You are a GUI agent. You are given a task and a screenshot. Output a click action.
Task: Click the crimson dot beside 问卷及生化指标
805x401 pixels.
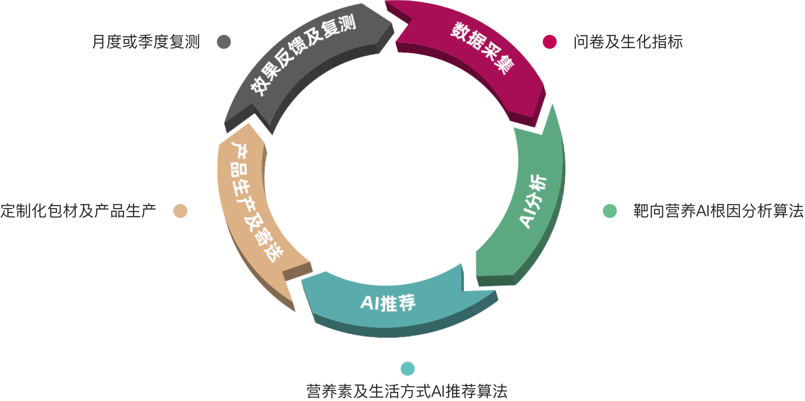(550, 42)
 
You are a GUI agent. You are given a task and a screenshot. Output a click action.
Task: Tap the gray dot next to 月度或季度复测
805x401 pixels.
(224, 42)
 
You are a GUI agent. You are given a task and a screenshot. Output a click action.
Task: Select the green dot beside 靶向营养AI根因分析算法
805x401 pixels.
(610, 211)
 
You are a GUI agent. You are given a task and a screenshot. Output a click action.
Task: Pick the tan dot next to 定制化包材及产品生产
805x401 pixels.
(180, 211)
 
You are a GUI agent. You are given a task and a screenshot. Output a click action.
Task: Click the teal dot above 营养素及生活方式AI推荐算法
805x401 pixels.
(408, 369)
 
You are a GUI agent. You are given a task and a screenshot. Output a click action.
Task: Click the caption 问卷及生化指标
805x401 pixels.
(628, 42)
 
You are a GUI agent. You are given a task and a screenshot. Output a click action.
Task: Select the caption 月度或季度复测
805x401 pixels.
(146, 42)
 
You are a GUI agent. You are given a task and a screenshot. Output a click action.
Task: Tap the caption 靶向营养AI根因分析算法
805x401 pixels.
(718, 211)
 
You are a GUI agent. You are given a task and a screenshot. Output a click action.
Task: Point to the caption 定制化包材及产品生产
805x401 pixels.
(78, 211)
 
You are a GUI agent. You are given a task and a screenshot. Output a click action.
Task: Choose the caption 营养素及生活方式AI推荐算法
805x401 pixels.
(407, 391)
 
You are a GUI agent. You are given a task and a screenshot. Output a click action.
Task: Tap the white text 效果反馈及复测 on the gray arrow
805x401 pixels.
(303, 54)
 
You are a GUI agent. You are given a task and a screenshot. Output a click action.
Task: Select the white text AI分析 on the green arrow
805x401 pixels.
(534, 201)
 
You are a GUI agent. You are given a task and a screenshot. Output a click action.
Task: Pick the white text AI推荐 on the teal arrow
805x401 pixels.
(388, 302)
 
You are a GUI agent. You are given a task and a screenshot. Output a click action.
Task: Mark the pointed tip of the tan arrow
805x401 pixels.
(294, 310)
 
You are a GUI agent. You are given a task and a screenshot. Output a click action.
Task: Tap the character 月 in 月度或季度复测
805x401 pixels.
(99, 42)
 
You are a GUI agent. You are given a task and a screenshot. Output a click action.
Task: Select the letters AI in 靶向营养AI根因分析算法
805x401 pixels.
(703, 211)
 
